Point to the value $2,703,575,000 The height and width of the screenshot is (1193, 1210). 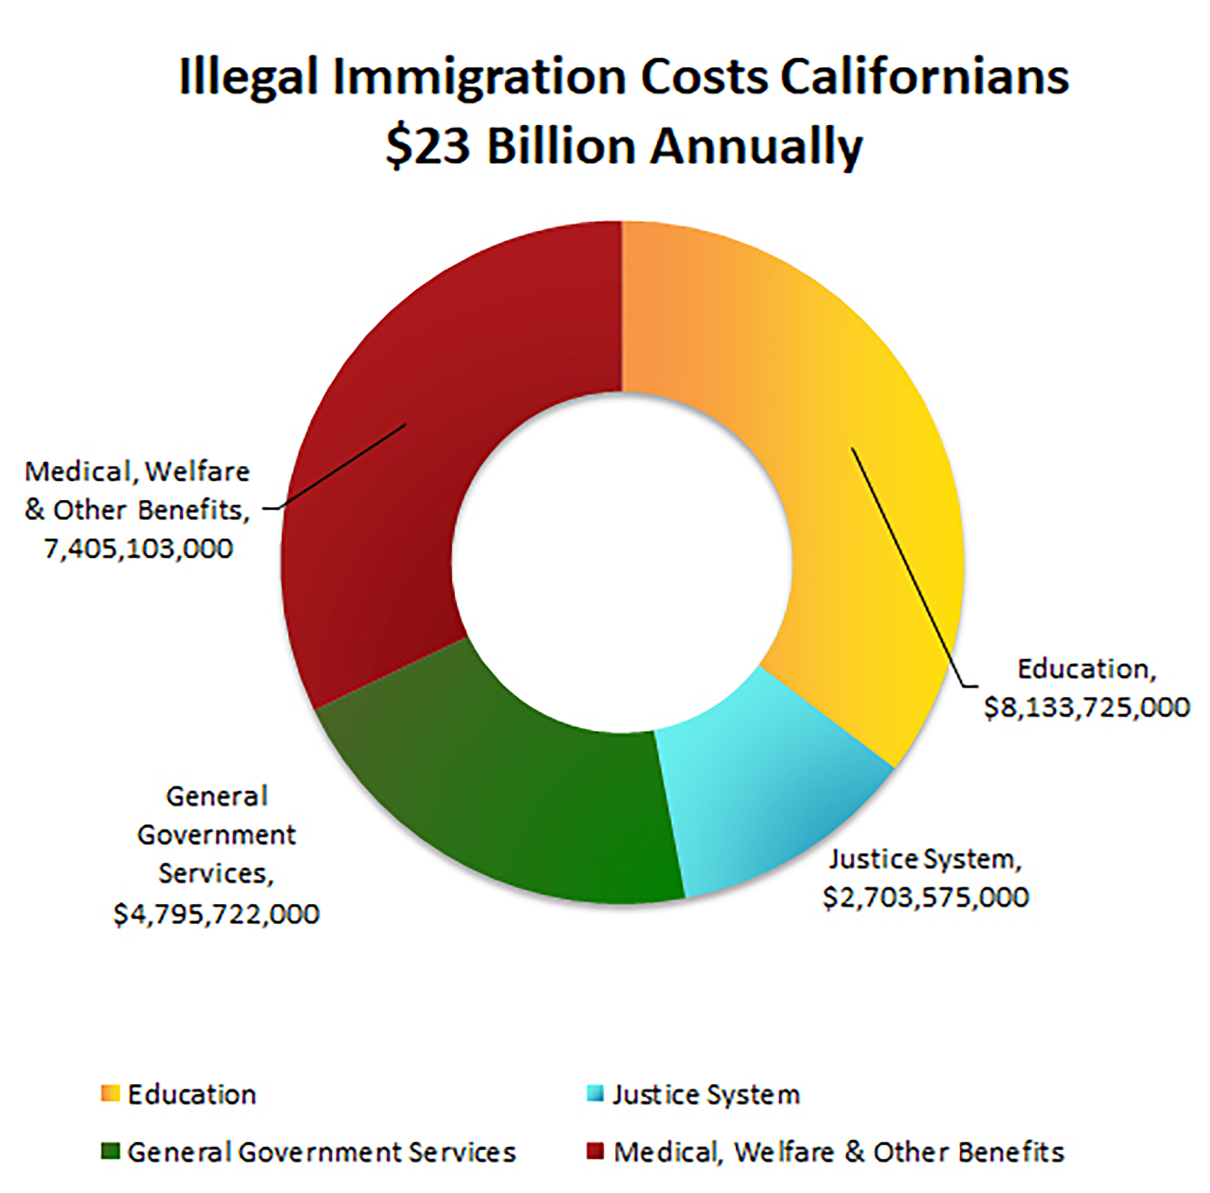point(925,897)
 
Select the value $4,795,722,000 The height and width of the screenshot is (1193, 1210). point(216,914)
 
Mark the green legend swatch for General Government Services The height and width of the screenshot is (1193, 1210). point(110,1151)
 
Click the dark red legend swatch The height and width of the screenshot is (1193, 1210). point(596,1151)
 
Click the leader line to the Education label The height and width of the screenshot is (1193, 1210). point(908,564)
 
